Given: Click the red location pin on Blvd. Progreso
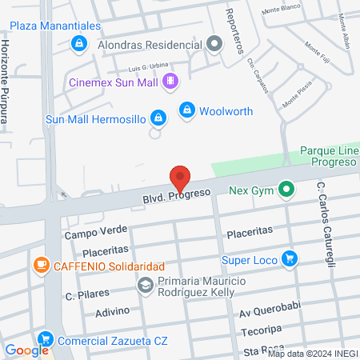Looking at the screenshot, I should click(x=180, y=178).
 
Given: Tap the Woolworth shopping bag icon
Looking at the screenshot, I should click(x=187, y=109).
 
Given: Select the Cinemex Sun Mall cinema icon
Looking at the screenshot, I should click(x=170, y=81).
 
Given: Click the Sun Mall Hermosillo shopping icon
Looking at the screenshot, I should click(x=158, y=118).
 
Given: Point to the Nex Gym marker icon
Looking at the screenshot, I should click(x=286, y=190).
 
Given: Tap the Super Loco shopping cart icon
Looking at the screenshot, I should click(x=290, y=259).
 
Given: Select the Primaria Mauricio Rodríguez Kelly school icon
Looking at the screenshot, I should click(x=145, y=284).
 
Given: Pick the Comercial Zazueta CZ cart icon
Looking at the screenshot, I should click(x=45, y=339).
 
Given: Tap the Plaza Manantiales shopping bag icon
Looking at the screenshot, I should click(x=78, y=43).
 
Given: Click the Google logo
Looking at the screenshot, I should click(x=27, y=350).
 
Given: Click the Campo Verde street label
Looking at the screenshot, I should click(x=90, y=234).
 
